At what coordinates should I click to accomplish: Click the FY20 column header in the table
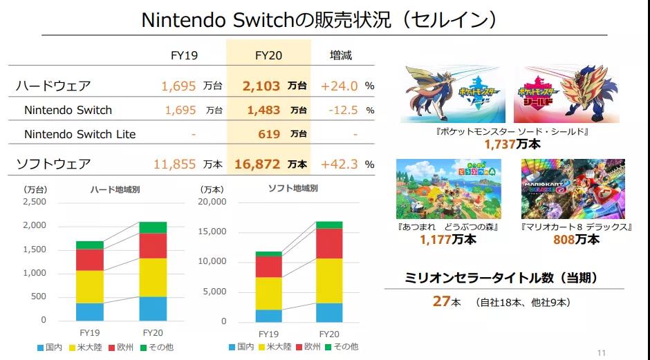click(268, 55)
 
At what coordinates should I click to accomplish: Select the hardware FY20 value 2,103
click(261, 86)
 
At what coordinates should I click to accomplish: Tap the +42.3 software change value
click(340, 164)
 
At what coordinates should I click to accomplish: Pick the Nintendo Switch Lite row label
click(80, 134)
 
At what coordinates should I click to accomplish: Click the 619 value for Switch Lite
click(269, 134)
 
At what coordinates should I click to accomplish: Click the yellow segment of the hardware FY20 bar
click(153, 277)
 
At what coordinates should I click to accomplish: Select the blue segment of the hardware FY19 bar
click(90, 312)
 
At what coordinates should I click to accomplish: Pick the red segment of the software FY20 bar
click(329, 243)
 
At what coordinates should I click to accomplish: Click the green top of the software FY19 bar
click(268, 254)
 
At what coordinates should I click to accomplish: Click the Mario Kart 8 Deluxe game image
click(573, 189)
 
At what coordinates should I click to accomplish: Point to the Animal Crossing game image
click(448, 189)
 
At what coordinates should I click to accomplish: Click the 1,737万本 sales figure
click(512, 144)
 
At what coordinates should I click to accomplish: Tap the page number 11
click(600, 353)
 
